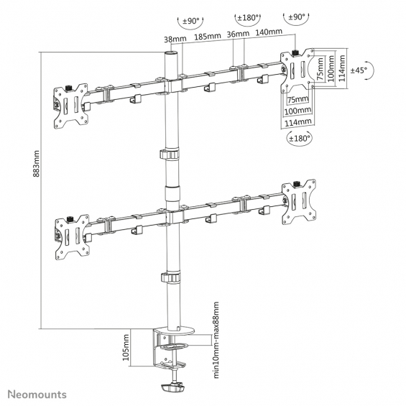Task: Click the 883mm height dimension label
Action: [x=37, y=164]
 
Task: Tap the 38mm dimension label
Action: [x=175, y=39]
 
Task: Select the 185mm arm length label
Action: [x=208, y=37]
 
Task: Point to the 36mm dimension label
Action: [x=238, y=34]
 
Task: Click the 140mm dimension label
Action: [x=269, y=32]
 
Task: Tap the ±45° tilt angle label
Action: [x=359, y=70]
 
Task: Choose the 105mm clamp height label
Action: [x=126, y=348]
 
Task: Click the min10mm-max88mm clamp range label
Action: [x=216, y=340]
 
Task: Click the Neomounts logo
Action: [x=37, y=395]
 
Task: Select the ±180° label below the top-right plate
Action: [x=300, y=138]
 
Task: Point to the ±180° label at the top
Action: [x=248, y=18]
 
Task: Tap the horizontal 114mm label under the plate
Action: [x=298, y=122]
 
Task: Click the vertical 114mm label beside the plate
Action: [x=342, y=68]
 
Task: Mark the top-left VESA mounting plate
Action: [x=70, y=106]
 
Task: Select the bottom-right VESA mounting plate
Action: [x=299, y=202]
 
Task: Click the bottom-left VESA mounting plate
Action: [x=72, y=237]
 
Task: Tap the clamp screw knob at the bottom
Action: [x=172, y=387]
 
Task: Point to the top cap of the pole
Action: [x=172, y=53]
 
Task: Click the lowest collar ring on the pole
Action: [x=170, y=277]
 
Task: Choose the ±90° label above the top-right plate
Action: [x=297, y=17]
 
